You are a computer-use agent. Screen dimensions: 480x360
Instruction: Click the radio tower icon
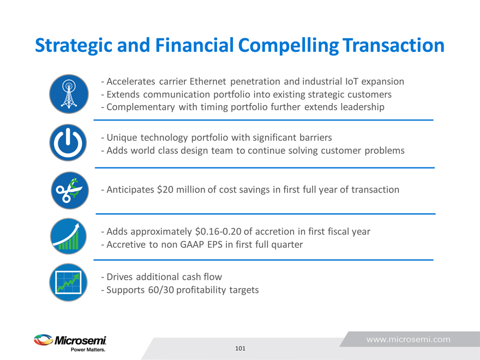pyautogui.click(x=69, y=94)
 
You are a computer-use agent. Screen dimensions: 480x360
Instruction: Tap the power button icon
pyautogui.click(x=68, y=142)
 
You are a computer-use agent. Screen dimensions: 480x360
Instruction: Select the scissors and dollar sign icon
pyautogui.click(x=70, y=190)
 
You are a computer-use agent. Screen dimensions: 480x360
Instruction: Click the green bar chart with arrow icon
pyautogui.click(x=68, y=236)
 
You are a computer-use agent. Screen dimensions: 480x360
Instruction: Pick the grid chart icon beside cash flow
pyautogui.click(x=68, y=282)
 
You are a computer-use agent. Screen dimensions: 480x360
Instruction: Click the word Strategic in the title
pyautogui.click(x=74, y=46)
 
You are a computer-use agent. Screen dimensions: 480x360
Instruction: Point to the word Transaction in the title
pyautogui.click(x=393, y=45)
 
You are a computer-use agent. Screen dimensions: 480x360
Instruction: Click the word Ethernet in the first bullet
pyautogui.click(x=208, y=81)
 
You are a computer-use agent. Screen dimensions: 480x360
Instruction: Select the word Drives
pyautogui.click(x=119, y=277)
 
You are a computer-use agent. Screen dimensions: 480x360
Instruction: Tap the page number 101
pyautogui.click(x=241, y=348)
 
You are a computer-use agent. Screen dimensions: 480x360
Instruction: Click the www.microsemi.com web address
pyautogui.click(x=409, y=339)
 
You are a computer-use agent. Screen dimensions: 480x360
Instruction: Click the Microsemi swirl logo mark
pyautogui.click(x=43, y=340)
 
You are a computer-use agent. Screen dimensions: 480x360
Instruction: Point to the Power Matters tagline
pyautogui.click(x=88, y=350)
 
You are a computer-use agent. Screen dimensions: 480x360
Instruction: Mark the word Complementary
pyautogui.click(x=141, y=107)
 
